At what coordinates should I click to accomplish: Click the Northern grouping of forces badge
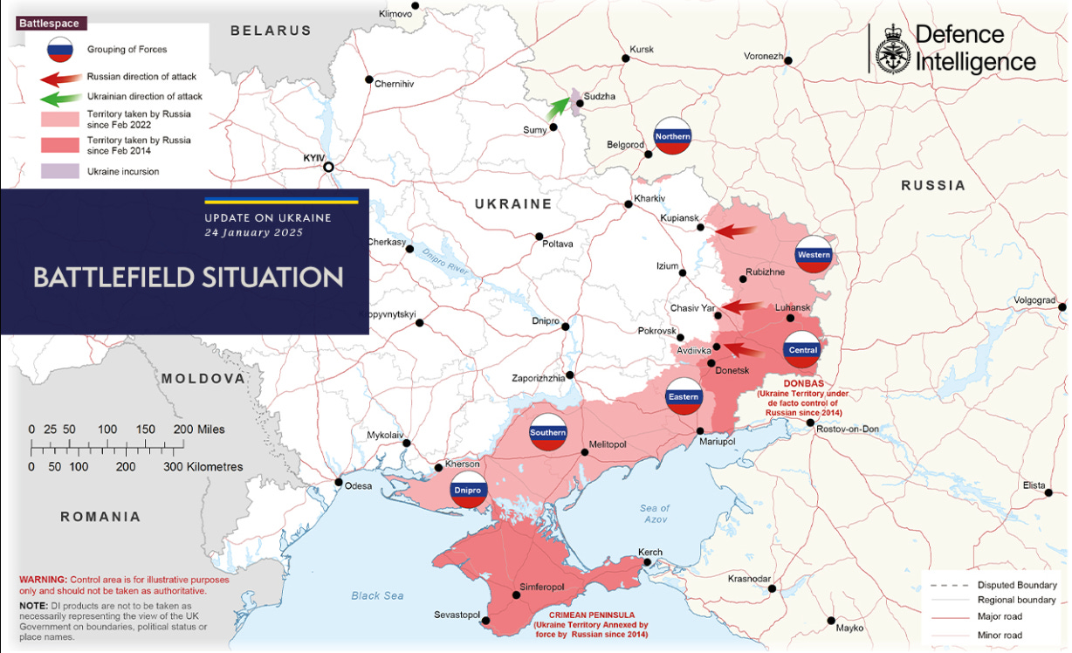click(673, 136)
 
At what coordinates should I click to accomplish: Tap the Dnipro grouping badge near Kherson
click(467, 491)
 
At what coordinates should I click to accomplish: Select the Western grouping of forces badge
click(814, 255)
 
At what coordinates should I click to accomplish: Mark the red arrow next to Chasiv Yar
click(743, 306)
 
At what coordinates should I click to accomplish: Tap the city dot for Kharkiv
click(628, 205)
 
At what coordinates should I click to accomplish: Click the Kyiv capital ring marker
click(328, 168)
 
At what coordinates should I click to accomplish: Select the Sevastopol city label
click(457, 615)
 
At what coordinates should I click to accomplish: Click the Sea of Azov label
click(654, 514)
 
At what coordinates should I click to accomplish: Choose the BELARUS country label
click(271, 31)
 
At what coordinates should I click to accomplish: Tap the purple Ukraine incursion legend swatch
click(59, 171)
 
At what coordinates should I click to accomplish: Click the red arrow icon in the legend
click(59, 78)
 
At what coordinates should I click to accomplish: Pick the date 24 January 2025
click(254, 232)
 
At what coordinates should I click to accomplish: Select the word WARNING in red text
click(43, 580)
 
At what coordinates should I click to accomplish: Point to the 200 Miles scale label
click(199, 430)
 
